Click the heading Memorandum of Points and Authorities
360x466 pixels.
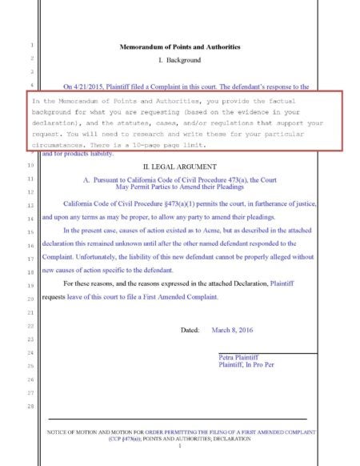coord(179,47)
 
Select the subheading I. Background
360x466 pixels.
coord(179,60)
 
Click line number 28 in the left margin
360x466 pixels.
coord(30,408)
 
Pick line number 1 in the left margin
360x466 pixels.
coord(30,46)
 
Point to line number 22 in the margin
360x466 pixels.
coord(30,326)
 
